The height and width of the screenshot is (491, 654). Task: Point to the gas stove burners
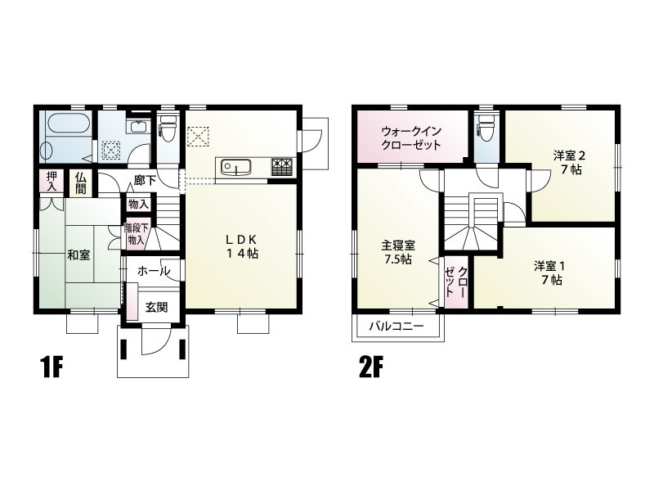[x=282, y=167]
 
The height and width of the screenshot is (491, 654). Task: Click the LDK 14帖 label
[x=243, y=245]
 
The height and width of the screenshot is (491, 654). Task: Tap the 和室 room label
[x=79, y=255]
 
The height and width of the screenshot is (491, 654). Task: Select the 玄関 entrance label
[x=156, y=308]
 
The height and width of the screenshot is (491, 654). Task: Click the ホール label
[x=153, y=271]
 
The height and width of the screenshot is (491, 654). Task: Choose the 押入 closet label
[x=52, y=181]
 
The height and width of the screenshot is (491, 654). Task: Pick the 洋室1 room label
[x=549, y=272]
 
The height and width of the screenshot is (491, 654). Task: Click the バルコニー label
[x=396, y=326]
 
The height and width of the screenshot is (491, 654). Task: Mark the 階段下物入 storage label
[x=136, y=234]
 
